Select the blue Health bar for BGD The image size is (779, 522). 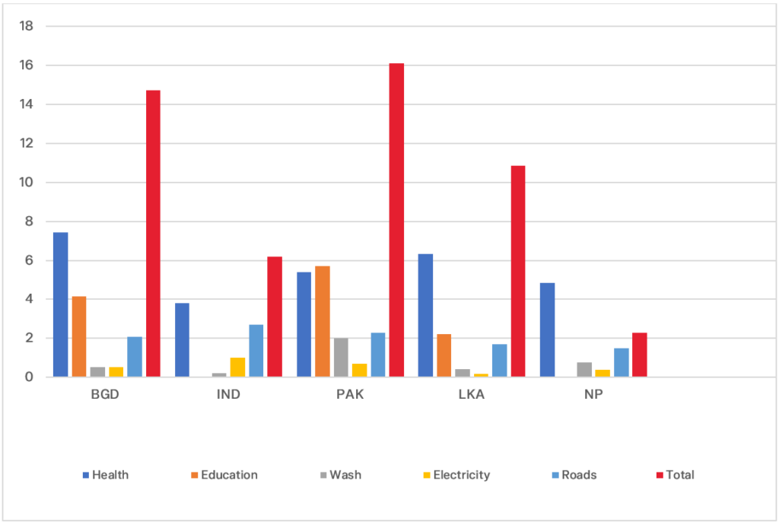[x=61, y=304]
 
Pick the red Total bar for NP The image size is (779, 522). [x=639, y=355]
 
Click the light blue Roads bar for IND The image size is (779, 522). [x=256, y=351]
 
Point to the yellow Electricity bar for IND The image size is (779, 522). [x=237, y=367]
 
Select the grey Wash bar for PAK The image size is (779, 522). [x=341, y=358]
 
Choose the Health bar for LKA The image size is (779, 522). [x=425, y=315]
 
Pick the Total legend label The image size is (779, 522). [x=679, y=475]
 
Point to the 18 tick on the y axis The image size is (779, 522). [x=27, y=26]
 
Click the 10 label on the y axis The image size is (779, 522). [x=27, y=183]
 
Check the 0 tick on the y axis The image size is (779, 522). [x=30, y=377]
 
